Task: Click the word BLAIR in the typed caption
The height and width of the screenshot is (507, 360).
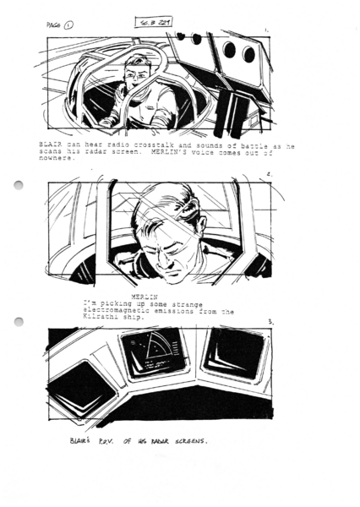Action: [x=52, y=145]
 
